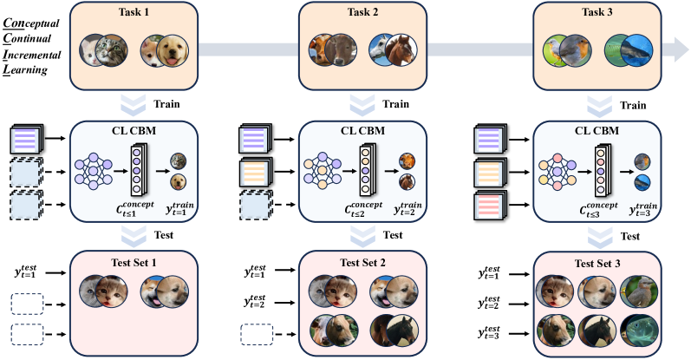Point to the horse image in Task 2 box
393,50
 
